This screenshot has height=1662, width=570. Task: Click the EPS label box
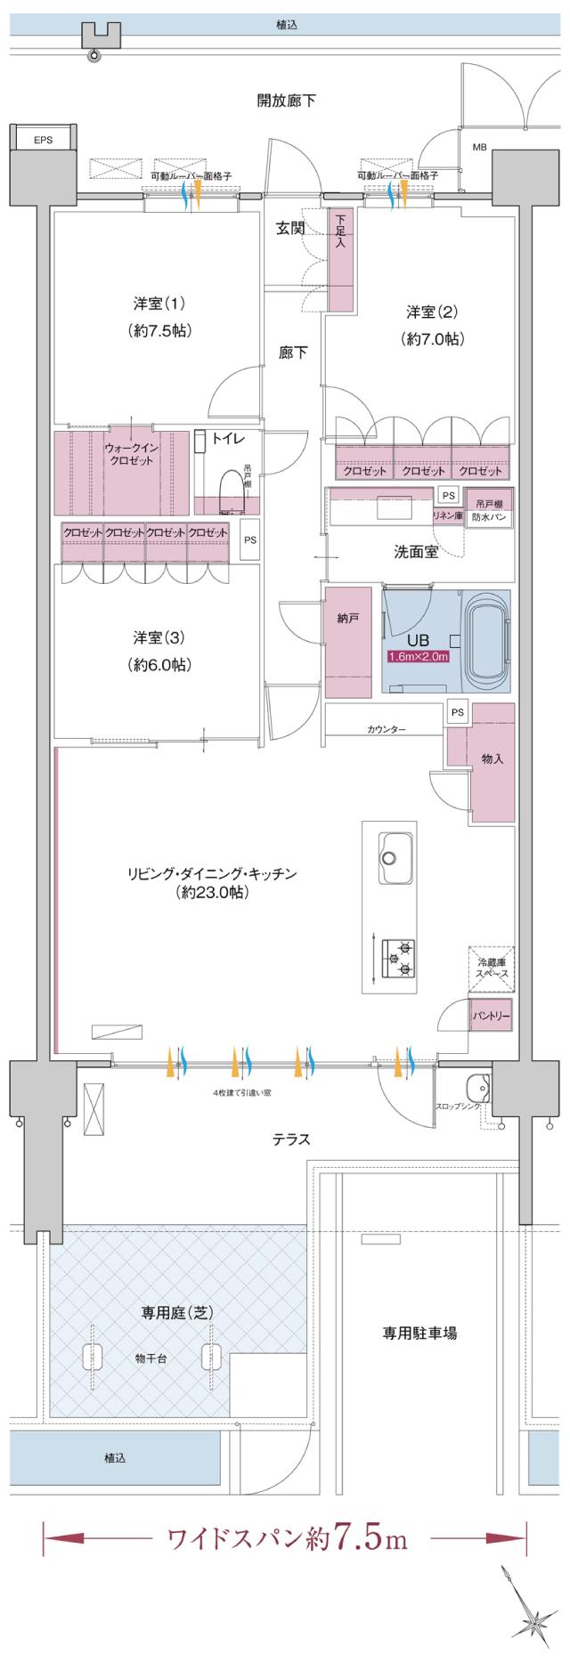(x=42, y=140)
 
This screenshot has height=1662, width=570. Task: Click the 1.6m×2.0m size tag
(x=418, y=657)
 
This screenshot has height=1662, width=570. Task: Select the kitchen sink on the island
(x=393, y=849)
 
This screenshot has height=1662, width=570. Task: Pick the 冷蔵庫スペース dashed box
(x=493, y=969)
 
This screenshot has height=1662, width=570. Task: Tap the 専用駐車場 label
(x=420, y=1334)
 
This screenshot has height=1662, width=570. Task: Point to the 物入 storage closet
(x=493, y=759)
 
